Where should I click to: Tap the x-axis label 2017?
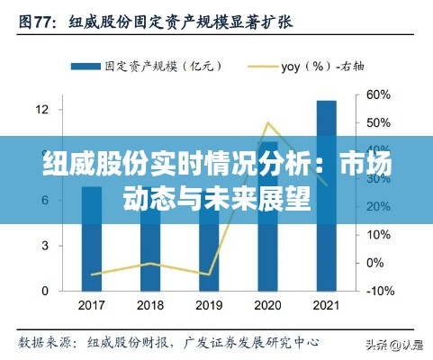click(x=92, y=306)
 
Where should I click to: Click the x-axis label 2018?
click(x=150, y=306)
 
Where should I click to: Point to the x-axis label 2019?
click(x=209, y=306)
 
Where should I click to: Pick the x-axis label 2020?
click(x=267, y=306)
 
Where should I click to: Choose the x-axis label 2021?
click(x=326, y=306)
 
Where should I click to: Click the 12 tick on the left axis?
click(x=41, y=110)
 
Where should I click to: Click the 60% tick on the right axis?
click(x=378, y=94)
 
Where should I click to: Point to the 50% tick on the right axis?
click(x=378, y=122)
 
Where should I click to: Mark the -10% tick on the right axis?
click(x=380, y=291)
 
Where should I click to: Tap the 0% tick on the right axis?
click(x=375, y=263)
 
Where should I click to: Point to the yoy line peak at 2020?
click(x=267, y=122)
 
